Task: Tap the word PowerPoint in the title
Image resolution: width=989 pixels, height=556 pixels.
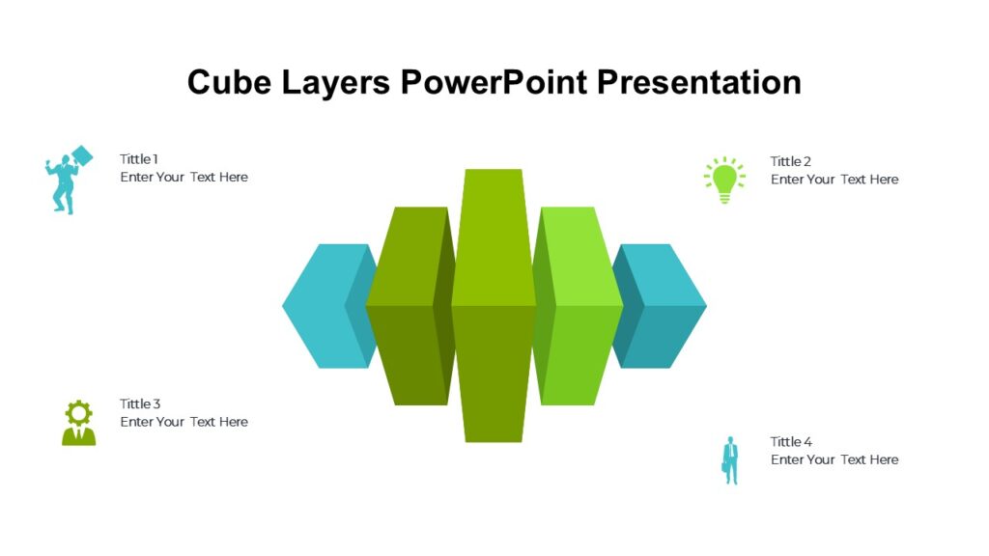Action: [494, 82]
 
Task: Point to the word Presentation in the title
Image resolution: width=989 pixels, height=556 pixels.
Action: [698, 82]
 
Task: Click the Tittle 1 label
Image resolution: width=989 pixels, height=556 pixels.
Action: [139, 159]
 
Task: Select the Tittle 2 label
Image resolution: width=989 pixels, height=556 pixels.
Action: [790, 161]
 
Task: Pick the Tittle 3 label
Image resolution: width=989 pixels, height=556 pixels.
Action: [140, 403]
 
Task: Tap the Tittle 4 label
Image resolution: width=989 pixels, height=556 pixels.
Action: [791, 442]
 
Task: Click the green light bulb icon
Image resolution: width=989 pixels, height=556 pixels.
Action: [724, 180]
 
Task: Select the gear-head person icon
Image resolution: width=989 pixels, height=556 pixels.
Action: [78, 423]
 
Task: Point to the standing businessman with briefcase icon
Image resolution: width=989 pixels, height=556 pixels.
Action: [730, 460]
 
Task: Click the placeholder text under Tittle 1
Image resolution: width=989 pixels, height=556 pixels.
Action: [184, 178]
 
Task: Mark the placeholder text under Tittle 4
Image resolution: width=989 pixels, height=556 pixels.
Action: [834, 459]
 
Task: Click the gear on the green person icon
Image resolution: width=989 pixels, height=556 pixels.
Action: [78, 412]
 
